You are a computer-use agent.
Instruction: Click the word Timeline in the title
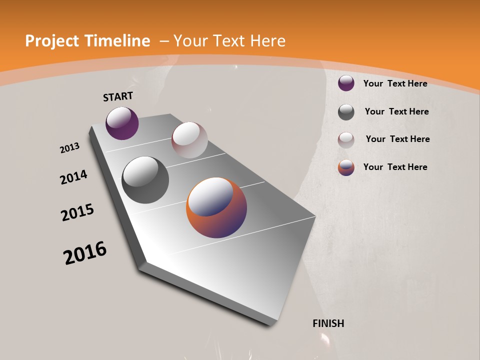(117, 41)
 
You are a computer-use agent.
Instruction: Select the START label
(118, 96)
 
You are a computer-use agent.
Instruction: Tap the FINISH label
(328, 323)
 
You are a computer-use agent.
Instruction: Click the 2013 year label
(70, 148)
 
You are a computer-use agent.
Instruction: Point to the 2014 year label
(73, 177)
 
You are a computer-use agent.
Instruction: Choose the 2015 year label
(77, 212)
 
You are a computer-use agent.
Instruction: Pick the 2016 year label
(85, 253)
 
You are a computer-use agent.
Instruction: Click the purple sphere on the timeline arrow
(122, 123)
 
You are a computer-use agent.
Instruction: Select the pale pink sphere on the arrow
(189, 140)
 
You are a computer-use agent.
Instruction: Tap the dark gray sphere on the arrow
(145, 180)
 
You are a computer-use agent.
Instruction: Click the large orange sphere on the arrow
(216, 207)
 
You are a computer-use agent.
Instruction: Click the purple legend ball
(346, 83)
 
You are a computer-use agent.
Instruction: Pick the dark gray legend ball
(346, 112)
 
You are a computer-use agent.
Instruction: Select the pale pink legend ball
(346, 140)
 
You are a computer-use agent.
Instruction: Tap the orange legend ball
(346, 167)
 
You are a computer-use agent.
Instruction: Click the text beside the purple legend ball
(395, 83)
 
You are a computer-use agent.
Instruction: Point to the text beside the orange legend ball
(395, 167)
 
